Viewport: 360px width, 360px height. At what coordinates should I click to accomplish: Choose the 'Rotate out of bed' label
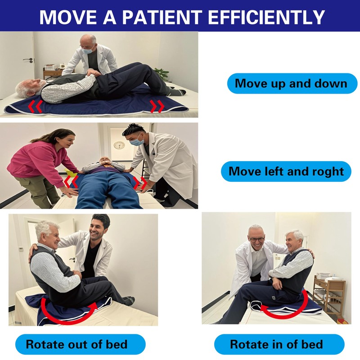pyautogui.click(x=76, y=344)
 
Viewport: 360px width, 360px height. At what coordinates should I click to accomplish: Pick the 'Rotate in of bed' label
pyautogui.click(x=276, y=344)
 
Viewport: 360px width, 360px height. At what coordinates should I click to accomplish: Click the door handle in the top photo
pyautogui.click(x=28, y=60)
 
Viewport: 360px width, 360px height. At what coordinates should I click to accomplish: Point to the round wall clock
pyautogui.click(x=119, y=145)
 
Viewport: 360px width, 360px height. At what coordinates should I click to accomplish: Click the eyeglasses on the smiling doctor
pyautogui.click(x=256, y=239)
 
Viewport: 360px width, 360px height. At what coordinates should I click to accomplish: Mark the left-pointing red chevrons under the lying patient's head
pyautogui.click(x=35, y=106)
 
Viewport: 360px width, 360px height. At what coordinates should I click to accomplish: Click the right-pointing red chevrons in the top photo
pyautogui.click(x=157, y=106)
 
